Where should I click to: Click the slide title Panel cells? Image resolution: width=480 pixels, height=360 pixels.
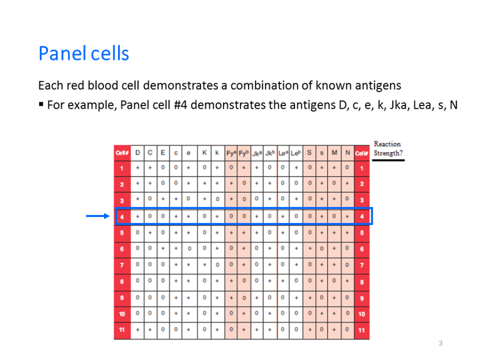[x=84, y=53]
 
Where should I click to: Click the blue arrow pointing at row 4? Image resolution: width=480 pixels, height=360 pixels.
[x=98, y=216]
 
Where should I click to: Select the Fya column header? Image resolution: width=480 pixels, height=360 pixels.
[x=231, y=153]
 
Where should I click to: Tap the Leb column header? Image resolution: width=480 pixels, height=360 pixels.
[x=295, y=153]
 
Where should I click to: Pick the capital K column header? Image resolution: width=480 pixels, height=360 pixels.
[x=204, y=153]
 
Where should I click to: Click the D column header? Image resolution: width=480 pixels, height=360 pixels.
[x=138, y=153]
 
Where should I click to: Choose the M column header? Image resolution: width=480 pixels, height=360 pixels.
[x=334, y=153]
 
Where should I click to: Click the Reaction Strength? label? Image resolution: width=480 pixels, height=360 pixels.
[x=388, y=148]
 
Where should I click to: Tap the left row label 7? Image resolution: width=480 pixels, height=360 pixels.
[x=122, y=265]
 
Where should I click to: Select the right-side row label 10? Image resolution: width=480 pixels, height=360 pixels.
[x=362, y=314]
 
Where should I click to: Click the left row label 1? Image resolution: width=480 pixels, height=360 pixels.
[x=122, y=169]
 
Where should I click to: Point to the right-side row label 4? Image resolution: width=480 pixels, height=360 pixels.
[x=362, y=217]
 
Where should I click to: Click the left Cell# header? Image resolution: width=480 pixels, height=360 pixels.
[x=122, y=153]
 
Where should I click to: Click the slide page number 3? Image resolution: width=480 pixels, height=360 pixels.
[x=441, y=343]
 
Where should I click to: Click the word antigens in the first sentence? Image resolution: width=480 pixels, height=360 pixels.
[x=378, y=85]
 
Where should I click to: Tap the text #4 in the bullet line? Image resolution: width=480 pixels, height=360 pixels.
[x=180, y=105]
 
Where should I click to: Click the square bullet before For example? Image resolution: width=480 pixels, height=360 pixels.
[x=41, y=105]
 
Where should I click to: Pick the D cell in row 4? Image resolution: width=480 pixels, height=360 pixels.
[x=138, y=217]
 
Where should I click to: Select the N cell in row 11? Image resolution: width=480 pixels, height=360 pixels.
[x=347, y=330]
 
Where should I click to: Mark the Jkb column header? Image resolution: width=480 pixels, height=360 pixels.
[x=270, y=153]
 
